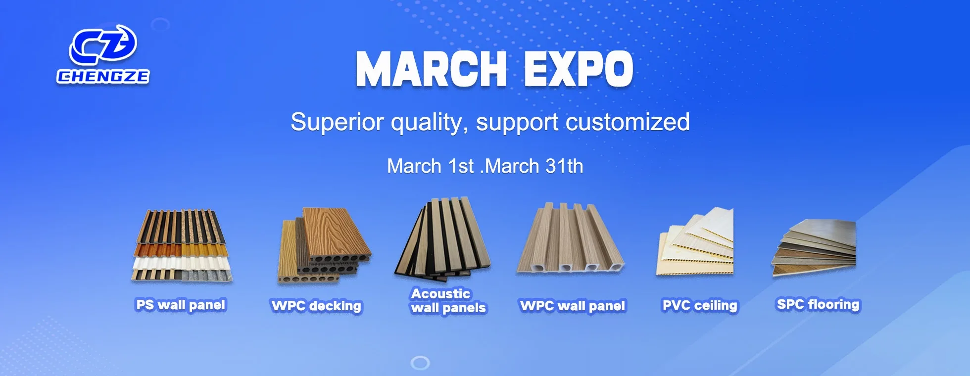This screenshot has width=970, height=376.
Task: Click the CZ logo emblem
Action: point(103,45)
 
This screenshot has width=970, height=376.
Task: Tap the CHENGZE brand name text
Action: point(103,76)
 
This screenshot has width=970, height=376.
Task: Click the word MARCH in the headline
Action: point(431,69)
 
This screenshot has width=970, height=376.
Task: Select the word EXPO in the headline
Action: point(579,69)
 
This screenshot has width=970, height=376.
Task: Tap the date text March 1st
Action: point(431,166)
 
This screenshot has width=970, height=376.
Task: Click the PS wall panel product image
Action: point(182,245)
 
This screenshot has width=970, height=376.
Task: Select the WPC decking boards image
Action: point(324,245)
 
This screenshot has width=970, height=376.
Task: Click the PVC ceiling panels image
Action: point(695,241)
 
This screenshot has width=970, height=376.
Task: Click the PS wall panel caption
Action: point(181,305)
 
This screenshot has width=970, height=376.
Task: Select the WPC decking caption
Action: point(317,306)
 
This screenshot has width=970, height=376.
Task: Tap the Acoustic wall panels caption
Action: point(448,301)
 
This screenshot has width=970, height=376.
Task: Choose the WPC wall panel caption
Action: point(573,306)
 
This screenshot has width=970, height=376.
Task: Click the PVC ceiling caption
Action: point(700,305)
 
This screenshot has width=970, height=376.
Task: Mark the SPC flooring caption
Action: point(818,304)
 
